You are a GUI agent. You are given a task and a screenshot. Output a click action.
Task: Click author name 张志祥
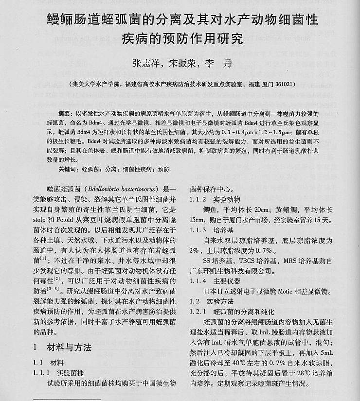[x=146, y=63]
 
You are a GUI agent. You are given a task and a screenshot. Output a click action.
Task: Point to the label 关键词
[x=67, y=169]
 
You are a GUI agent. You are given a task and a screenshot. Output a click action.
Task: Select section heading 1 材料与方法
[x=62, y=348]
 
